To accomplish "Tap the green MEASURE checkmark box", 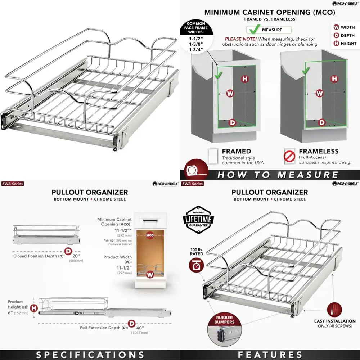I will pyautogui.click(x=269, y=30).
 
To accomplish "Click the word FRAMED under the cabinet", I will pyautogui.click(x=236, y=151).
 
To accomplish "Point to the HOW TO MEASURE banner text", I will pyautogui.click(x=278, y=175).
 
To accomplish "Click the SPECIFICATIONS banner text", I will pyautogui.click(x=90, y=355).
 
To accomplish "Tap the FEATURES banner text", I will pyautogui.click(x=270, y=355).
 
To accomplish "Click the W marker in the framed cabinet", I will pyautogui.click(x=230, y=94).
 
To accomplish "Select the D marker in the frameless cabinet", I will pyautogui.click(x=321, y=122).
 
